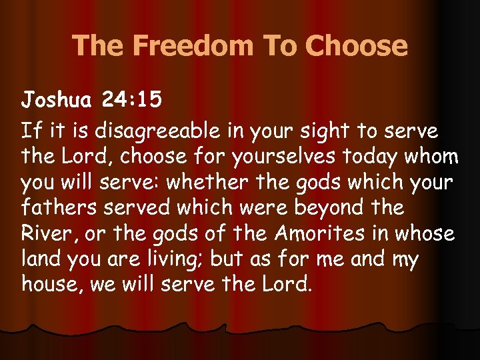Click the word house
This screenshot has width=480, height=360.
49,285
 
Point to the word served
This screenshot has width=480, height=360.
141,207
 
